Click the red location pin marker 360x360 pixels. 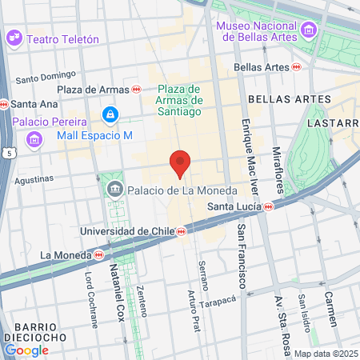click(180, 162)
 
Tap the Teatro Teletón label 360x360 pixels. click(62, 38)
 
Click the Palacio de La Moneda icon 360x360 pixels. click(114, 190)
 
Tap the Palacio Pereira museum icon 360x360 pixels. click(34, 140)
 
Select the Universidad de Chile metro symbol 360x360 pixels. click(182, 231)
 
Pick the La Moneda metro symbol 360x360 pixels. click(98, 255)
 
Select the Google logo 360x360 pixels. click(26, 350)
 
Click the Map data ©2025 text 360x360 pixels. click(325, 354)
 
